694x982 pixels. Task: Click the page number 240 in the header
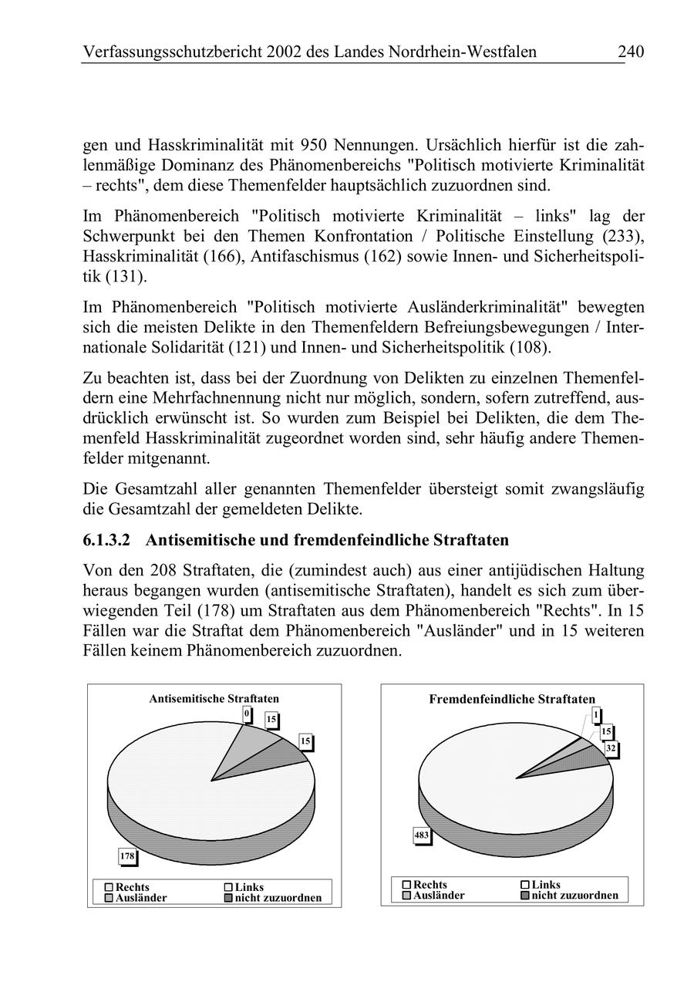pyautogui.click(x=630, y=52)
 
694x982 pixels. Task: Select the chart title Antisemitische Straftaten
pyautogui.click(x=214, y=698)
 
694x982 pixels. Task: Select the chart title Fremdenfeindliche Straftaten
pyautogui.click(x=512, y=699)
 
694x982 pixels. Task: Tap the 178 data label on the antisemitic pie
pyautogui.click(x=126, y=855)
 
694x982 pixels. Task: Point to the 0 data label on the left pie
pyautogui.click(x=247, y=714)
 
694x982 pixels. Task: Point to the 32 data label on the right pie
pyautogui.click(x=611, y=748)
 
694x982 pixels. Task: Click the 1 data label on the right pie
pyautogui.click(x=596, y=715)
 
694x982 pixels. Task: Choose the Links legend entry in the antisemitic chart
pyautogui.click(x=248, y=887)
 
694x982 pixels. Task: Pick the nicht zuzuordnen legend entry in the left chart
pyautogui.click(x=278, y=898)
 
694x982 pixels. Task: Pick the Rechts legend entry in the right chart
pyautogui.click(x=430, y=885)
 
